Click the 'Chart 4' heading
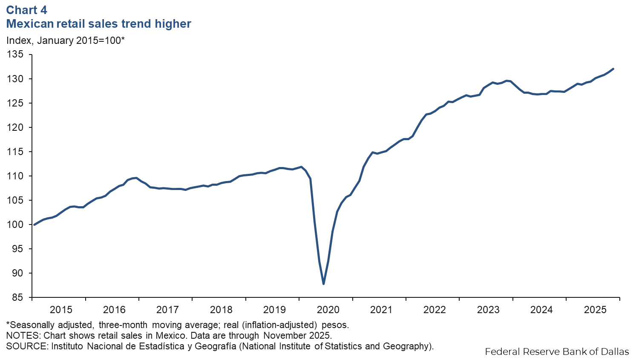click(26, 10)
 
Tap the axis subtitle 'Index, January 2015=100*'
click(65, 40)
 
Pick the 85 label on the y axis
click(17, 297)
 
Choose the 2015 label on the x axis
click(61, 310)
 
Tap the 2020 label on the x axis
click(328, 310)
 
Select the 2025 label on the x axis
click(595, 310)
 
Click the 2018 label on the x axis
click(221, 310)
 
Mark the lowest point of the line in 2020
click(324, 284)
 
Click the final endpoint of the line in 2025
click(613, 69)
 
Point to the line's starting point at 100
click(34, 225)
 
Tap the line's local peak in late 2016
click(136, 178)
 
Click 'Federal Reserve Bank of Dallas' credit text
click(556, 351)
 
